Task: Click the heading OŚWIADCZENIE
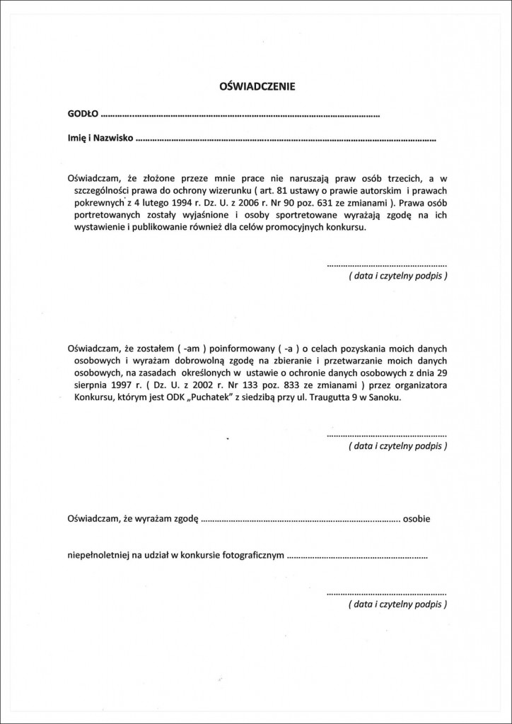point(255,87)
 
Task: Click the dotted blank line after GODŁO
point(240,115)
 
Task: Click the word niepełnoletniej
point(97,556)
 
